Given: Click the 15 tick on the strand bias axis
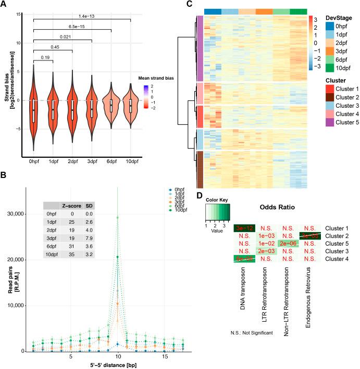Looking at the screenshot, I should click(17, 14).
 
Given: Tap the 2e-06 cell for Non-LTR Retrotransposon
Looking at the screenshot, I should click(289, 243).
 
